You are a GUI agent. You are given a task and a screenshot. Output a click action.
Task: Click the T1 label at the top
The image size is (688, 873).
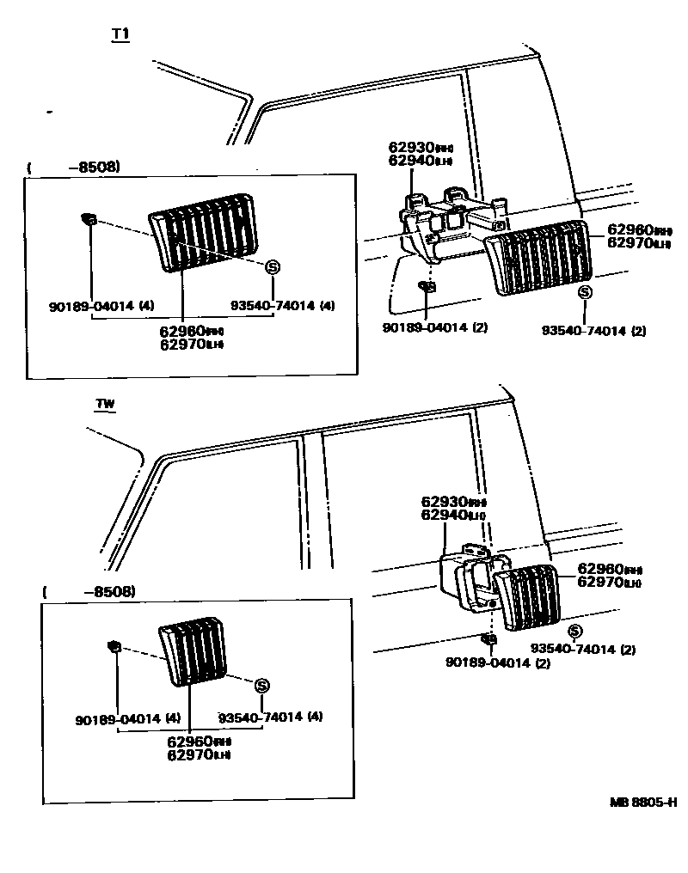pyautogui.click(x=120, y=34)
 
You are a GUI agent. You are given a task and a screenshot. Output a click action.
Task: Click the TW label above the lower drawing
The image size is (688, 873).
pyautogui.click(x=106, y=404)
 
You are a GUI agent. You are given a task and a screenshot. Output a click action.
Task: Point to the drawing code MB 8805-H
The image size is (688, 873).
pyautogui.click(x=643, y=803)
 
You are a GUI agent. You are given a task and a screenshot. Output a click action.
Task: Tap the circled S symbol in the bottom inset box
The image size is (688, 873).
pyautogui.click(x=262, y=685)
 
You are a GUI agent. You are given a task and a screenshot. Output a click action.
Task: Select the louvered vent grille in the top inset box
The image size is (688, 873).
pyautogui.click(x=203, y=232)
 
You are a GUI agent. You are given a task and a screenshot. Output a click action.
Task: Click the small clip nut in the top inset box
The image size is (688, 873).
pyautogui.click(x=89, y=217)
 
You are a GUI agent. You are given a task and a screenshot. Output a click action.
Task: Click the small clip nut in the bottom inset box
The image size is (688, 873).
pyautogui.click(x=113, y=645)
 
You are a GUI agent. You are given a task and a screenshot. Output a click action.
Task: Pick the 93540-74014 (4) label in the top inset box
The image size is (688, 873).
pyautogui.click(x=282, y=306)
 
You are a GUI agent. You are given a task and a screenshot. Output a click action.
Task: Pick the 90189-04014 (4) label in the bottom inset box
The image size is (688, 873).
pyautogui.click(x=127, y=718)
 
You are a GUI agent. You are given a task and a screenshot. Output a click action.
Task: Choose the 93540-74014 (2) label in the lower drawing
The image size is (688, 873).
pyautogui.click(x=582, y=650)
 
